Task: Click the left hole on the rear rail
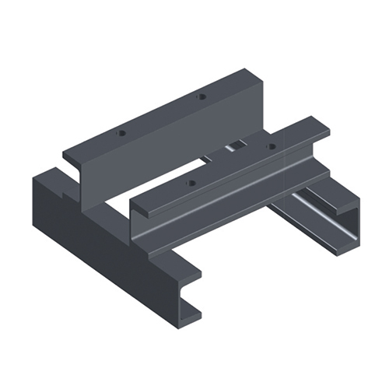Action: click(x=121, y=133)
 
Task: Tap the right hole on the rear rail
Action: click(x=202, y=97)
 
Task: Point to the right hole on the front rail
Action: click(x=272, y=145)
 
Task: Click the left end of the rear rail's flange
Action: click(x=70, y=156)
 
